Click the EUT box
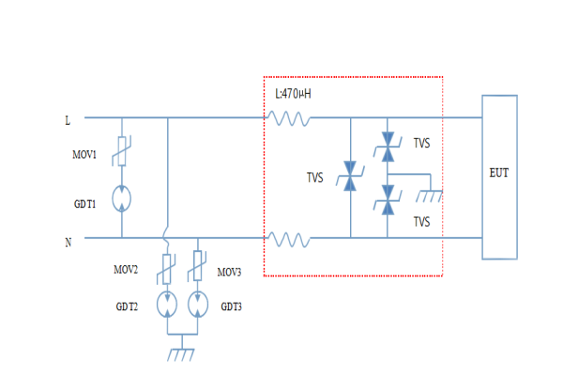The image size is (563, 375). click(498, 176)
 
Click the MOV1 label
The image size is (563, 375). click(85, 153)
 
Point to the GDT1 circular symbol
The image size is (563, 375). click(121, 199)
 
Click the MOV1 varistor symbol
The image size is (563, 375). click(121, 151)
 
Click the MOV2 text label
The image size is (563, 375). click(128, 271)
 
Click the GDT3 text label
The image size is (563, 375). click(232, 307)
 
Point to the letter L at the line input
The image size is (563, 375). click(67, 121)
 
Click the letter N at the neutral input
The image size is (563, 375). click(68, 243)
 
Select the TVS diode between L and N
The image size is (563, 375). click(350, 177)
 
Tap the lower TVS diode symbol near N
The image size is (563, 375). click(388, 201)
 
